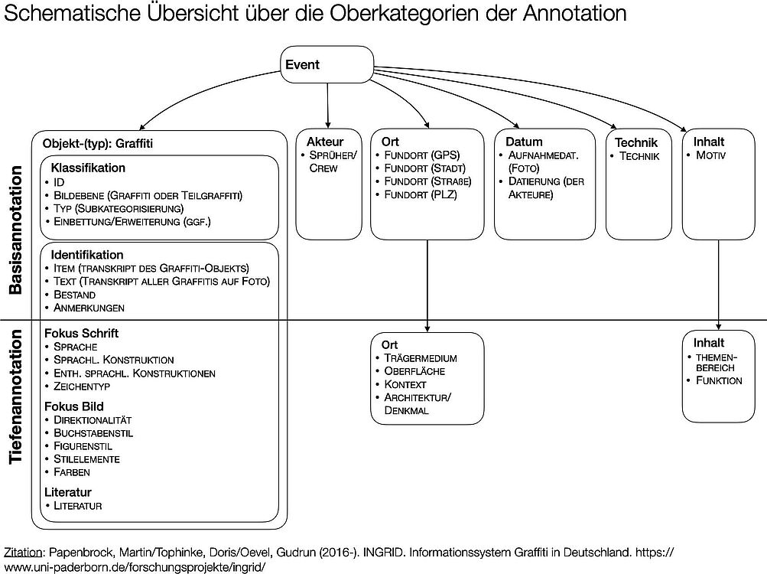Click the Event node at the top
pos(327,64)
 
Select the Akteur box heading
pos(325,142)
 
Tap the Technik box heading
pos(636,142)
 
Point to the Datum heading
pos(524,142)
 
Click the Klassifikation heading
pos(88,168)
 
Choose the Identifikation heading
pos(87,255)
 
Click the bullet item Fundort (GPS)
pos(421,155)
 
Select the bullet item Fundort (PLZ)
pos(420,194)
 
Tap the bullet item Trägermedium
pos(420,358)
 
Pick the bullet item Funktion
pos(719,380)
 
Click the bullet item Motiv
pos(710,155)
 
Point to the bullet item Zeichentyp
pos(82,386)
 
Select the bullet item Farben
pos(72,472)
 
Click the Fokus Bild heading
pos(74,406)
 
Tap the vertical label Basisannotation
pos(15,230)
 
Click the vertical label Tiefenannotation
pos(15,396)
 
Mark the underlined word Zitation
pos(23,553)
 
